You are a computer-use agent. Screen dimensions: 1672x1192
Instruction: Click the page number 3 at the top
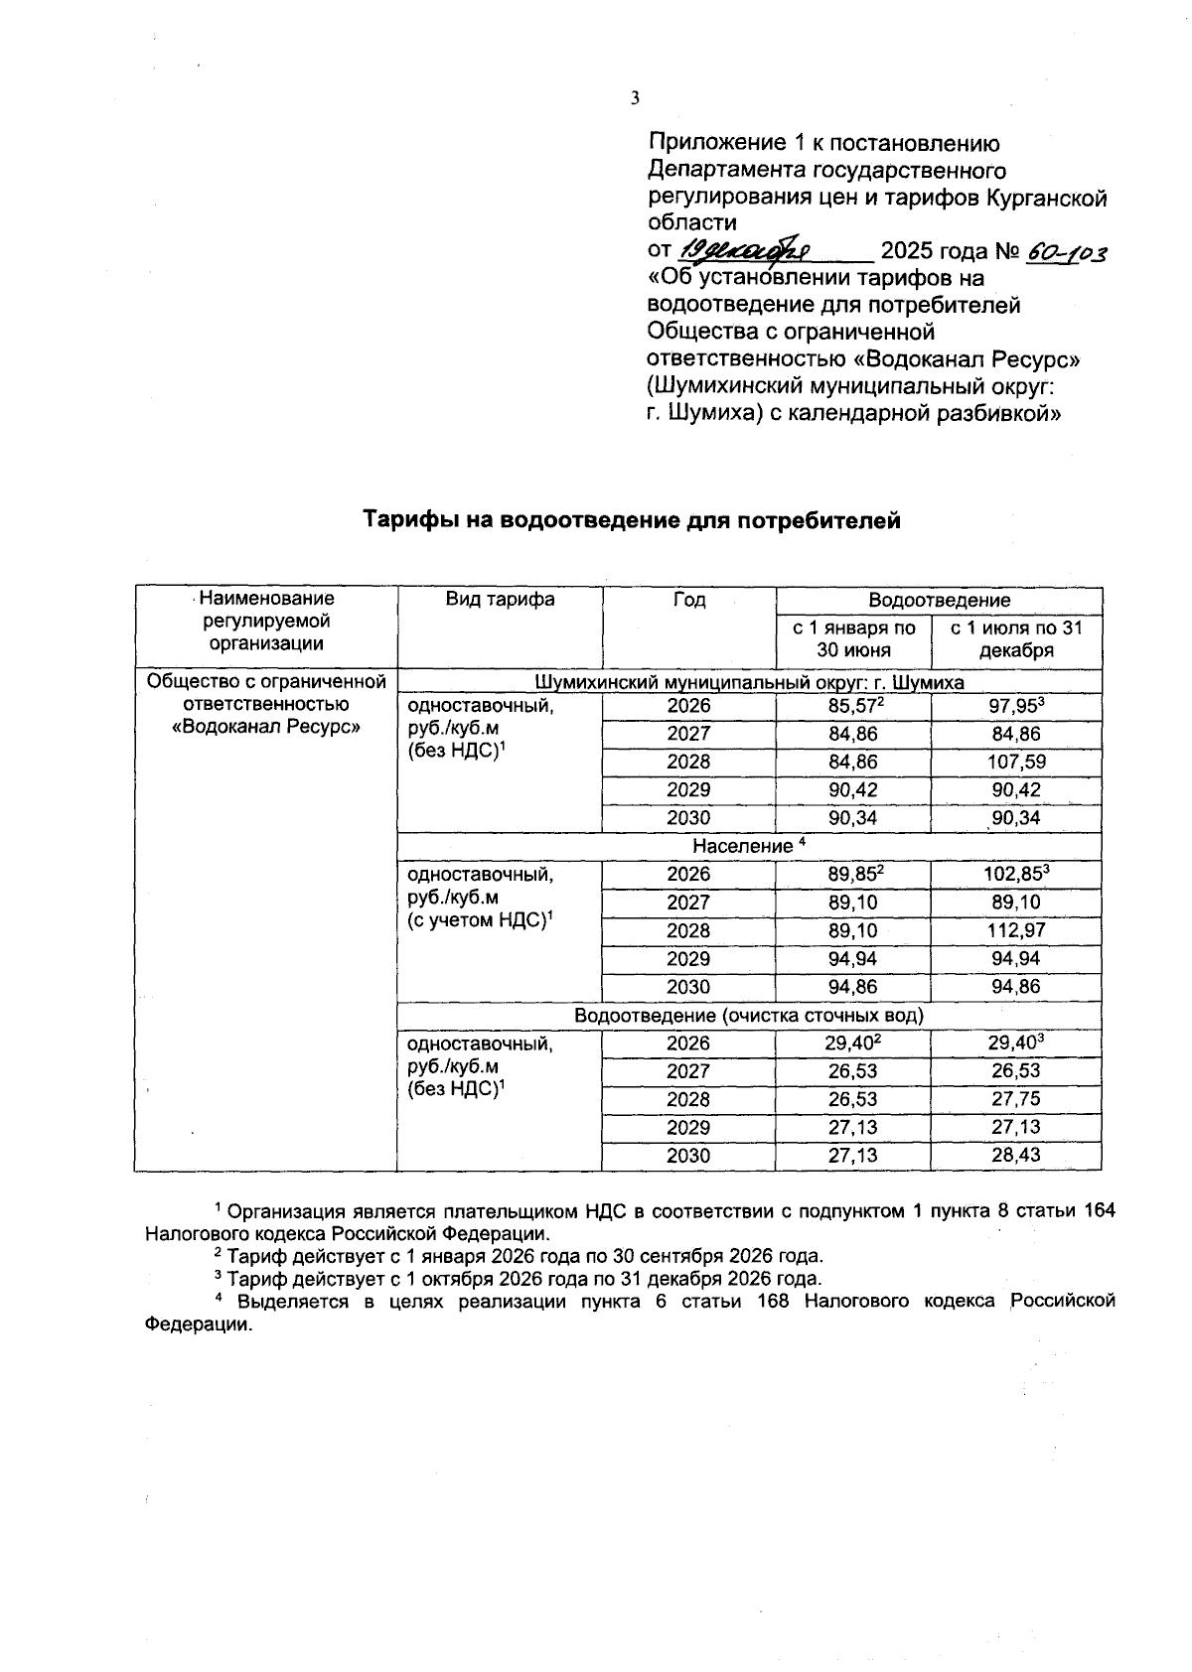(x=635, y=97)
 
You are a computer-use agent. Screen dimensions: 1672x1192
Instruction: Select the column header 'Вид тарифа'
(x=500, y=600)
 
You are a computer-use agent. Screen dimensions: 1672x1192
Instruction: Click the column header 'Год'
(x=688, y=600)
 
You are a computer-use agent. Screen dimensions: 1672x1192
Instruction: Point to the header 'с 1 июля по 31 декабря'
(x=1016, y=639)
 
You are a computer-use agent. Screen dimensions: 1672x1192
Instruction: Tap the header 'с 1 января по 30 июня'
(x=853, y=639)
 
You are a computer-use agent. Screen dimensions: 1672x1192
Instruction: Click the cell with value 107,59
(x=1016, y=763)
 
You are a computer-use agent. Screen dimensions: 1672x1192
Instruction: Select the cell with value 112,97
(x=1016, y=931)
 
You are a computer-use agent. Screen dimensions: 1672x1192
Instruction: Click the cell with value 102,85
(x=1015, y=875)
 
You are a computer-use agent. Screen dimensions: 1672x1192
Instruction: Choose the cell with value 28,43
(x=1016, y=1156)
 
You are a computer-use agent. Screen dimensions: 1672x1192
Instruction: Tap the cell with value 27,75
(x=1016, y=1100)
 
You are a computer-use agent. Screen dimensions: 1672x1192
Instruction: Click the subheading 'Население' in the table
(x=742, y=846)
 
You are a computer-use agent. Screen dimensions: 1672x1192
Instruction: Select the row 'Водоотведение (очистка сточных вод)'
(x=749, y=1016)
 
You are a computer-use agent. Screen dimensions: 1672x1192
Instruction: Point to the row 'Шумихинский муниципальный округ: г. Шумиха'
(x=749, y=682)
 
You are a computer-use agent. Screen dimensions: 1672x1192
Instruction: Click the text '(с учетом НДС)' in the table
(x=475, y=920)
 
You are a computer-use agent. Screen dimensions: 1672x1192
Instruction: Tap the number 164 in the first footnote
(x=1098, y=1210)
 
